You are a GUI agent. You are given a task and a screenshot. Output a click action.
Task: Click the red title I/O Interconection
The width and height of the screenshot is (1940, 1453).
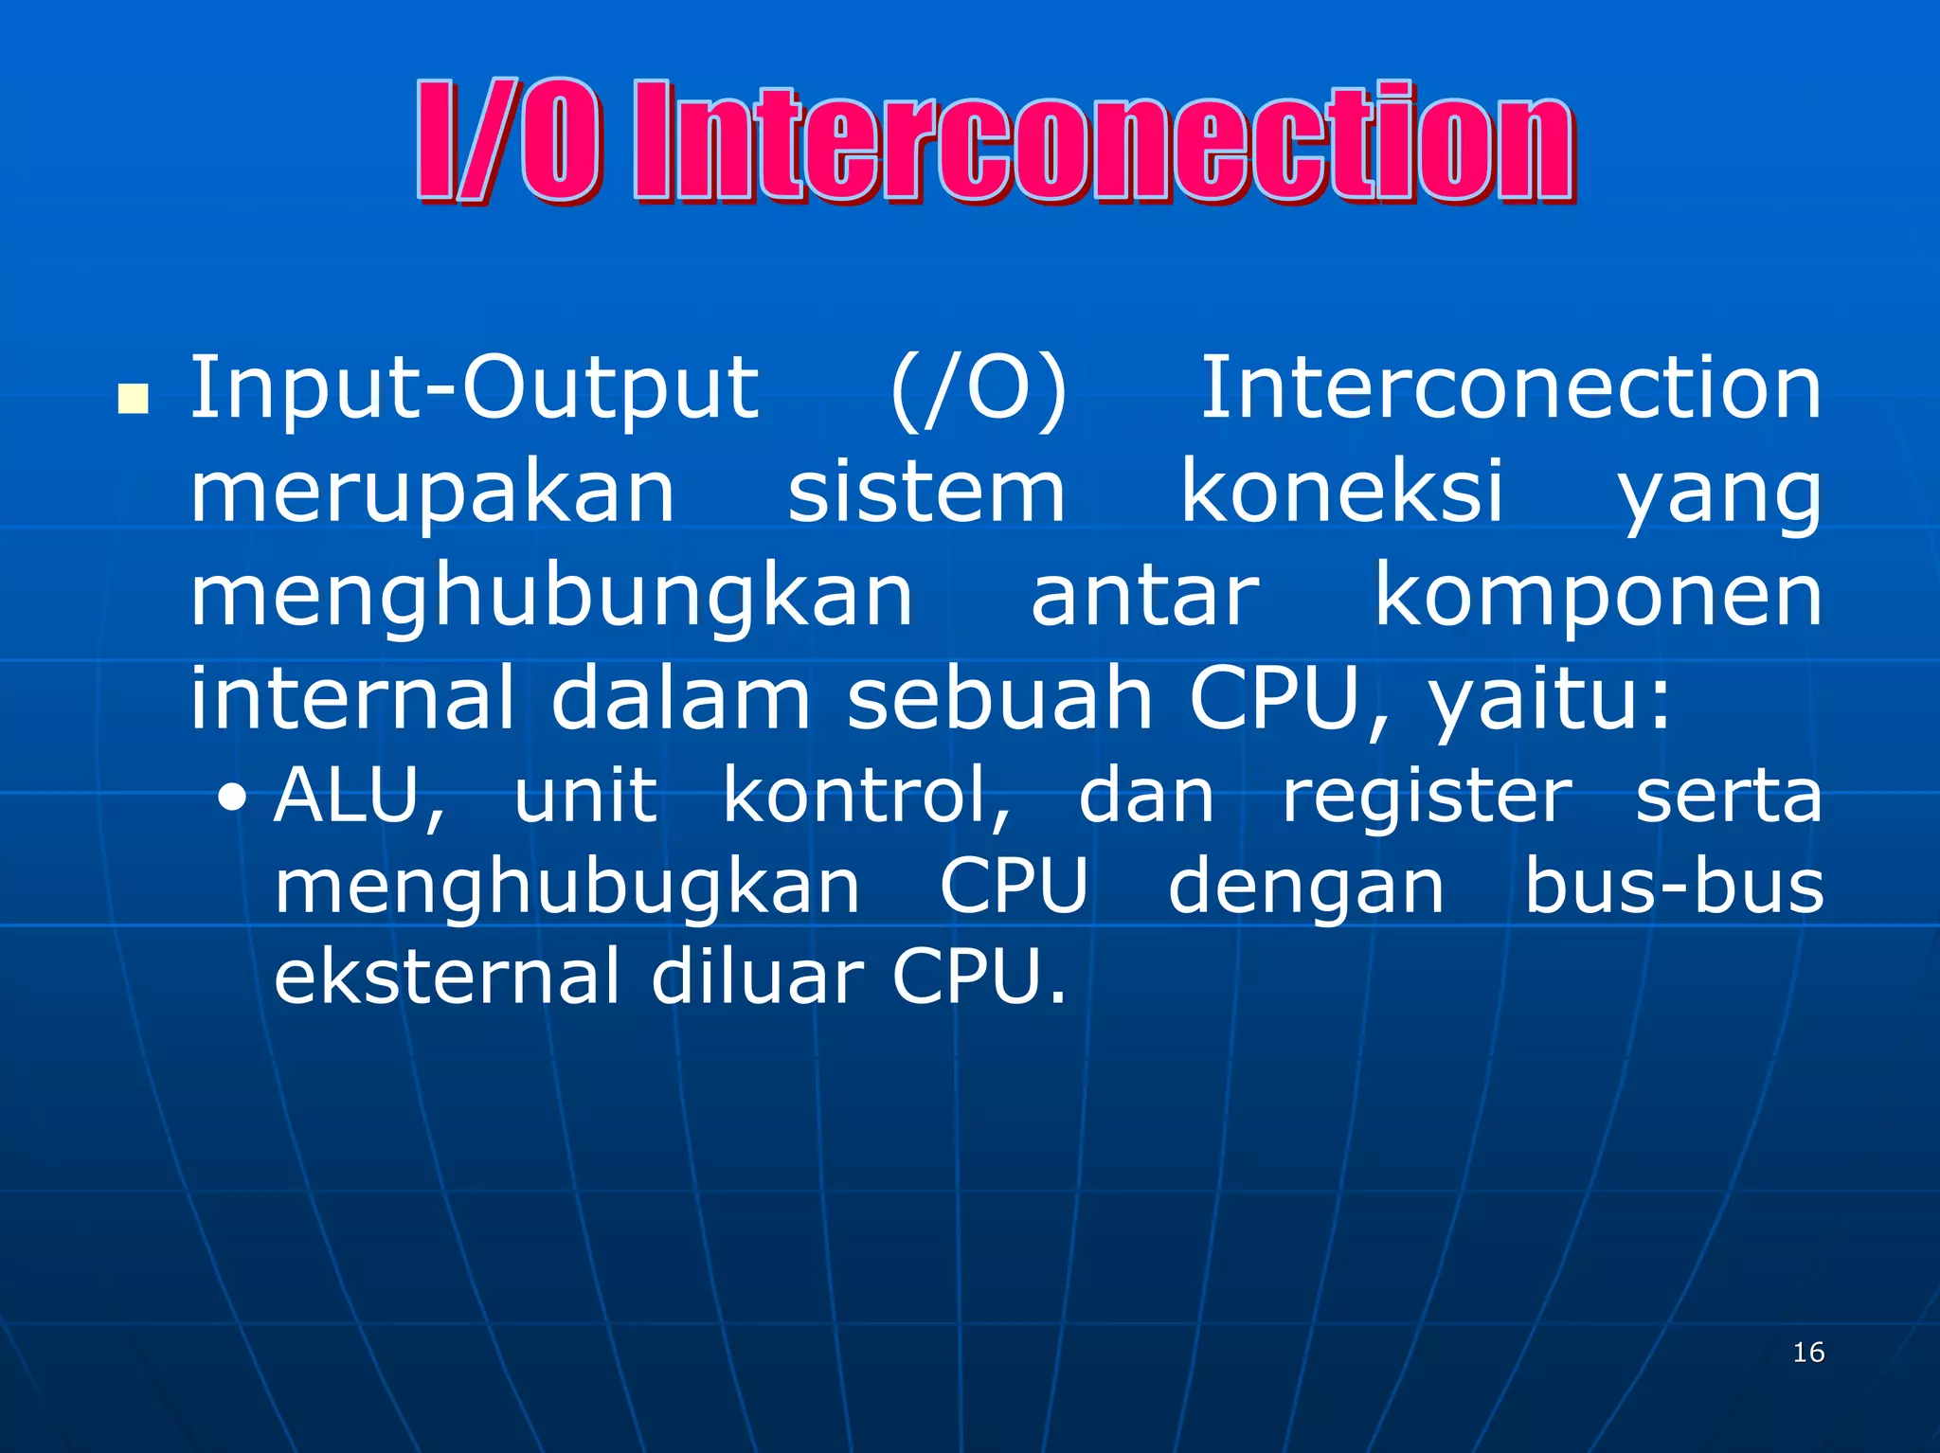coord(995,142)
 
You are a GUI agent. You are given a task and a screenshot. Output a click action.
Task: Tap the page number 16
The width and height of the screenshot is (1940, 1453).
coord(1808,1352)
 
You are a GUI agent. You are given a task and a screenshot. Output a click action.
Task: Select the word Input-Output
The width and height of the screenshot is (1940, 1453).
coord(474,388)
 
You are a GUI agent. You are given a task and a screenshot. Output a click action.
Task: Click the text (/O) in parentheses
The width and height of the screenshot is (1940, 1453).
coord(979,388)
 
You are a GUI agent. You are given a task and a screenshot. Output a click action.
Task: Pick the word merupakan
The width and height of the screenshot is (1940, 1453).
coord(433,493)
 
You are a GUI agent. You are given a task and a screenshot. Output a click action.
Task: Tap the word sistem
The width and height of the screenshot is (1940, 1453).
coord(926,492)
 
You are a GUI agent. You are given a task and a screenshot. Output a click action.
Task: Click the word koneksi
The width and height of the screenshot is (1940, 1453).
coord(1341,492)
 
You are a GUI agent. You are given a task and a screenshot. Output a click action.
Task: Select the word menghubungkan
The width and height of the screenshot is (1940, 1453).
coord(551,598)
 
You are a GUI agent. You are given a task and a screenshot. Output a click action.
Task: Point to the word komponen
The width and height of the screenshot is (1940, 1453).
coord(1598,598)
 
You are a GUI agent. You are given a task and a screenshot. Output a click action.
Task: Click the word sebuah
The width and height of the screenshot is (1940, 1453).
coord(999,699)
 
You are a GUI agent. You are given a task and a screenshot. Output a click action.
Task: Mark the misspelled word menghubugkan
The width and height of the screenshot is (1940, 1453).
coord(566,888)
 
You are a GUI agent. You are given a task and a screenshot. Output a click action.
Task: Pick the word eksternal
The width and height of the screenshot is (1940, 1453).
coord(446,977)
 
